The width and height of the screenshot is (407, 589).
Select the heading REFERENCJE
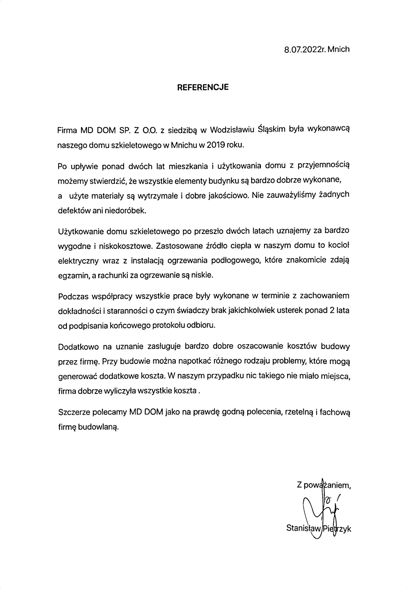pos(203,87)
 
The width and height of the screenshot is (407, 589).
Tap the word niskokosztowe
pos(125,246)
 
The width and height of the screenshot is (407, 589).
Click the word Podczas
pos(73,296)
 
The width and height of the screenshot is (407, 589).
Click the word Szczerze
pos(73,412)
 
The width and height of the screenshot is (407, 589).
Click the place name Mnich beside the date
pos(339,49)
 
